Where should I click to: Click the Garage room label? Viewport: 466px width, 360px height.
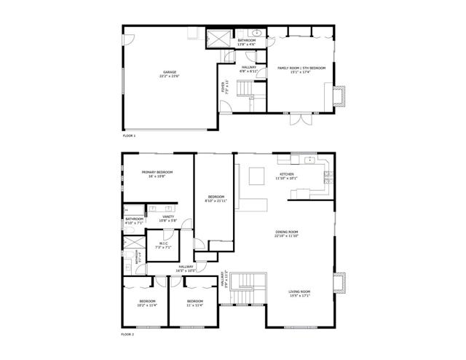coord(170,74)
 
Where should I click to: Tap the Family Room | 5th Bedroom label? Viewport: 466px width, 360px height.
coord(301,69)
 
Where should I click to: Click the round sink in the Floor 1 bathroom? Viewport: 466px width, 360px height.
coord(256,33)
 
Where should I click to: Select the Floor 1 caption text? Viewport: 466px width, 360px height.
coord(129,136)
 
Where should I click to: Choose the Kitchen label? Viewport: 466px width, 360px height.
coord(287,176)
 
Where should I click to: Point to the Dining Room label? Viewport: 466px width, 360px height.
coord(287,234)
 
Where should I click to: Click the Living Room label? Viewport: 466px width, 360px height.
coord(300,294)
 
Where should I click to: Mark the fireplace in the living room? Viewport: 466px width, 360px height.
coord(340,284)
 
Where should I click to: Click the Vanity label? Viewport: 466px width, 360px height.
coord(168,218)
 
